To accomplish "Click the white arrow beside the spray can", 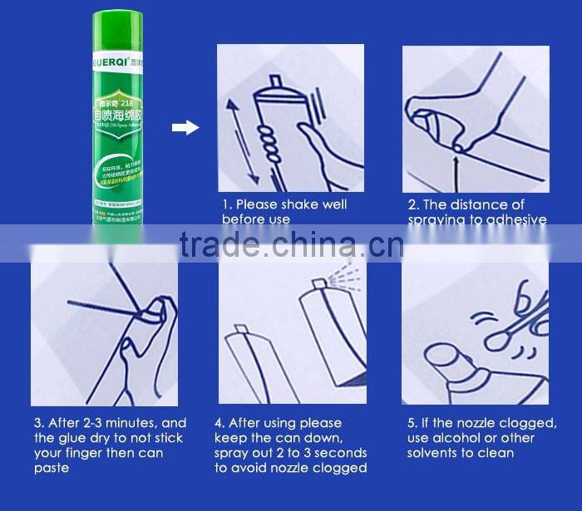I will (x=185, y=127).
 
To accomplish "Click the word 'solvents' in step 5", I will (x=433, y=453).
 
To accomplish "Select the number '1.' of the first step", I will (x=226, y=204).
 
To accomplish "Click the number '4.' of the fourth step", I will (x=219, y=423).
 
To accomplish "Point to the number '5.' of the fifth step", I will (x=412, y=423).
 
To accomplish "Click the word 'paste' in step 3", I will (x=52, y=468).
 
